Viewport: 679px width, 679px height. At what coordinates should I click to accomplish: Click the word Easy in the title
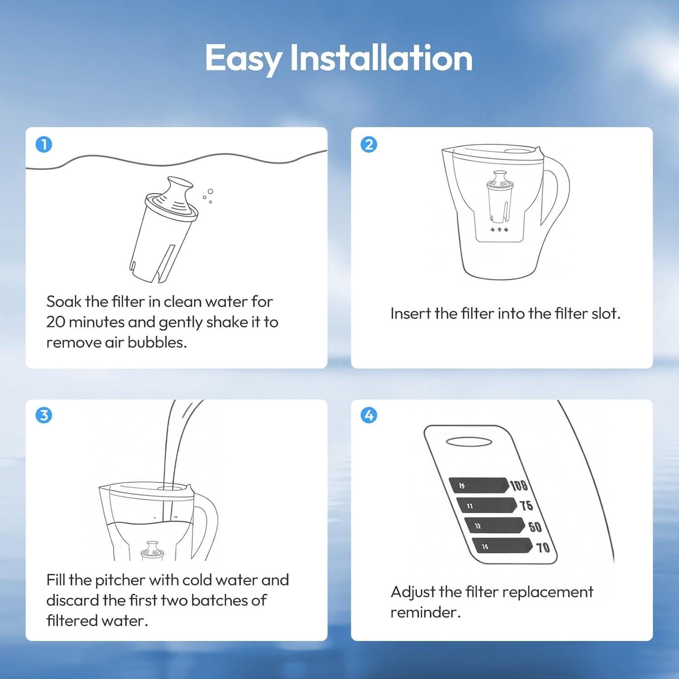point(243,58)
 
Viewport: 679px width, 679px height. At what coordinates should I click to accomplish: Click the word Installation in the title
point(381,58)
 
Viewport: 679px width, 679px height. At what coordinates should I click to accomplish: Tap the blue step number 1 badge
point(44,145)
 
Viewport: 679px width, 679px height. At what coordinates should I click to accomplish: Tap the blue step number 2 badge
point(369,145)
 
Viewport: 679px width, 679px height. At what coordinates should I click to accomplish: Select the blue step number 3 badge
point(44,415)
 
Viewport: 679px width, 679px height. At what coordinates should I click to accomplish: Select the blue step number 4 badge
point(369,415)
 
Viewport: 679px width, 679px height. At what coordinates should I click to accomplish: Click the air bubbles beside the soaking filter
point(208,196)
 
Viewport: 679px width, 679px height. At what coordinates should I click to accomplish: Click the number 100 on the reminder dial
point(519,485)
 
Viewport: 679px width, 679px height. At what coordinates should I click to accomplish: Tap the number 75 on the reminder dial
point(526,505)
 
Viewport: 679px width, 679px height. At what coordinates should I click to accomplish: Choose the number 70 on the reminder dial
point(543,548)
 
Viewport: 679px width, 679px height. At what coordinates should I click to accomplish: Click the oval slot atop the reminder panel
point(469,442)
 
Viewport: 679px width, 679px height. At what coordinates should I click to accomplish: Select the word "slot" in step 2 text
point(605,314)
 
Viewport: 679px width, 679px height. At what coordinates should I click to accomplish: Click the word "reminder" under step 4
point(425,612)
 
